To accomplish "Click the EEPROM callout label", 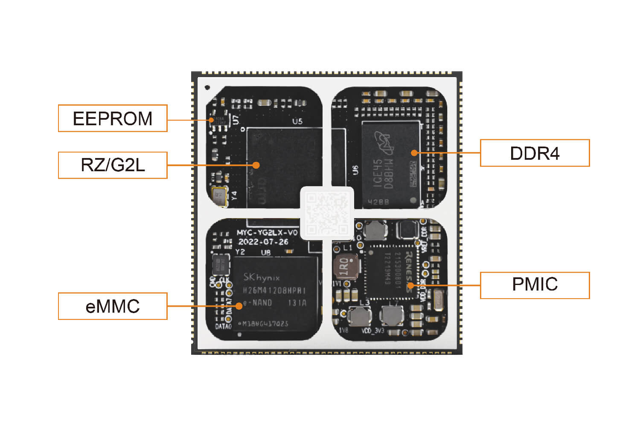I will (113, 118).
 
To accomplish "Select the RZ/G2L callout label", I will (113, 165).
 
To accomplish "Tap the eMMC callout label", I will (113, 306).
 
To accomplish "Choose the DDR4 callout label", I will (535, 153).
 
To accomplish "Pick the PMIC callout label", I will (535, 285).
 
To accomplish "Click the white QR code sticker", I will (327, 213).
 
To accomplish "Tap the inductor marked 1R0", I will (345, 268).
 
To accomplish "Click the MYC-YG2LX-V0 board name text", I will (267, 233).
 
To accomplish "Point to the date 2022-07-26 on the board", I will (263, 242).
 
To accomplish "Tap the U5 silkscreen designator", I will (297, 121).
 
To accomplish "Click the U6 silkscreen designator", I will (355, 170).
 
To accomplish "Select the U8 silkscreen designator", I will (266, 252).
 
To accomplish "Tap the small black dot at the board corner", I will (207, 87).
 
